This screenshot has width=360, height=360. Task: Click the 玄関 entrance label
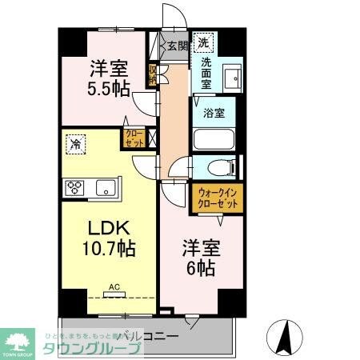[177, 46]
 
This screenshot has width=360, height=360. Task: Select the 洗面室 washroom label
[206, 73]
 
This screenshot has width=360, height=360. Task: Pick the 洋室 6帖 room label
[197, 257]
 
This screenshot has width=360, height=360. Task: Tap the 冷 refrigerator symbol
[76, 145]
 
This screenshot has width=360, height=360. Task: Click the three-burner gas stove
[76, 187]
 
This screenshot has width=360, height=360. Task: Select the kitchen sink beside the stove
[105, 188]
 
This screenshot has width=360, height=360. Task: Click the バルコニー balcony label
[154, 335]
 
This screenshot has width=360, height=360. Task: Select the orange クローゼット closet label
[134, 139]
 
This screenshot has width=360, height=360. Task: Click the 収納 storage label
[152, 74]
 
